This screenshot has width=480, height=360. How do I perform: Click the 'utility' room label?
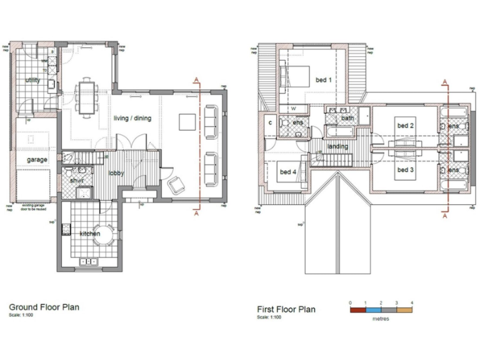[x=32, y=81]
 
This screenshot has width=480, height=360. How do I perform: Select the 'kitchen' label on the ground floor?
[x=90, y=233]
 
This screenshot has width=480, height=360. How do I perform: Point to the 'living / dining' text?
[x=132, y=118]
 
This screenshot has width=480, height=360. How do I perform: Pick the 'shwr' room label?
[x=77, y=181]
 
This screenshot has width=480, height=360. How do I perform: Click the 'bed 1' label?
[x=323, y=80]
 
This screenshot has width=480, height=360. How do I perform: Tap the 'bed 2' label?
[x=406, y=126]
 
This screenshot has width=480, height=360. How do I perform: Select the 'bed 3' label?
[x=406, y=169]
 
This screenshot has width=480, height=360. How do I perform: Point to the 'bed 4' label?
[x=287, y=172]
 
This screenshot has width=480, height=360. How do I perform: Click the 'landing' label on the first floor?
[x=337, y=147]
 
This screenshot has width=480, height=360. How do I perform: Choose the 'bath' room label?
[x=347, y=118]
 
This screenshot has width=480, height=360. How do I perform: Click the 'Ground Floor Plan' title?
[x=44, y=307]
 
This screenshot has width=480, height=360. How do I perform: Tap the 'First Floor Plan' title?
[x=286, y=309]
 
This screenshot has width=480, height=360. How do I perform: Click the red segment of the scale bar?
[x=357, y=309]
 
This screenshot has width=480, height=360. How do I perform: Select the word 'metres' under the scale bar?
[x=381, y=319]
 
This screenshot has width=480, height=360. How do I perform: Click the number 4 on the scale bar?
[x=411, y=302]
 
